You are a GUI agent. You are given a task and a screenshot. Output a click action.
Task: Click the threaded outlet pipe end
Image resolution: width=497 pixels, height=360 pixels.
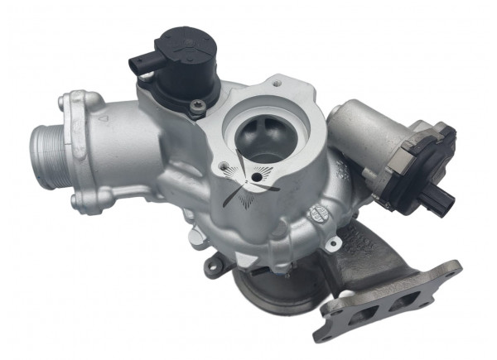click(x=46, y=147)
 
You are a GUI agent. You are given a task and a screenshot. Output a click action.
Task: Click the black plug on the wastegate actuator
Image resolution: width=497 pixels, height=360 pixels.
click(x=442, y=199)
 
